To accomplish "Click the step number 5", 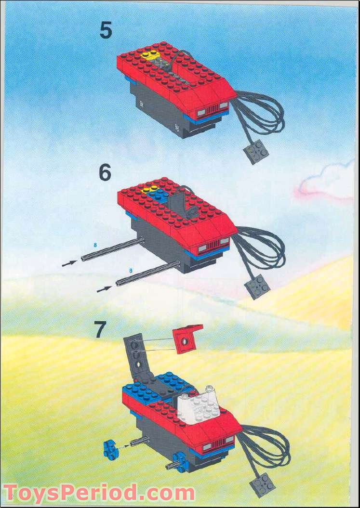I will click(x=106, y=30).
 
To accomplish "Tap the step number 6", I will click(x=105, y=173).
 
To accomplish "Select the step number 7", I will click(x=100, y=331).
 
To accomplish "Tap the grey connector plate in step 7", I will click(x=263, y=484).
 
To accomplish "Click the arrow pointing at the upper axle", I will click(x=69, y=263).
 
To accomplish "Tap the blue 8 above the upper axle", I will click(x=95, y=245).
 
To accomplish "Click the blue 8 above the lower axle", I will click(x=130, y=272).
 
